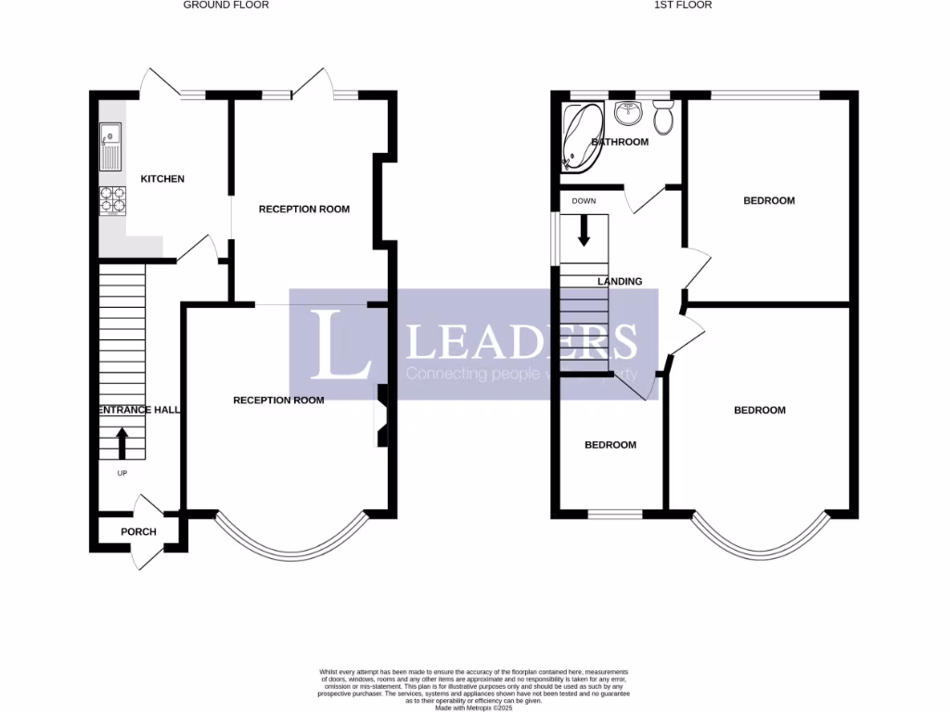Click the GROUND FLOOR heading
(x=225, y=6)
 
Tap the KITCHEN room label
(x=162, y=179)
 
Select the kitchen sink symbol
(x=111, y=146)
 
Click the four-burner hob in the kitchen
(x=113, y=199)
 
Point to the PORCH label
(x=139, y=532)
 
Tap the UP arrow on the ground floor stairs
(x=122, y=442)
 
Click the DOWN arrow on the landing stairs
(x=584, y=230)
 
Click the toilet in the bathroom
(x=662, y=117)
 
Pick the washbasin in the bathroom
(x=628, y=113)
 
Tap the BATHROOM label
(x=620, y=142)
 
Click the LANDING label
(x=620, y=281)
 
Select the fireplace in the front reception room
(x=381, y=416)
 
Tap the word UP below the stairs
(x=122, y=473)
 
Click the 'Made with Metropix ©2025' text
(x=473, y=707)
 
